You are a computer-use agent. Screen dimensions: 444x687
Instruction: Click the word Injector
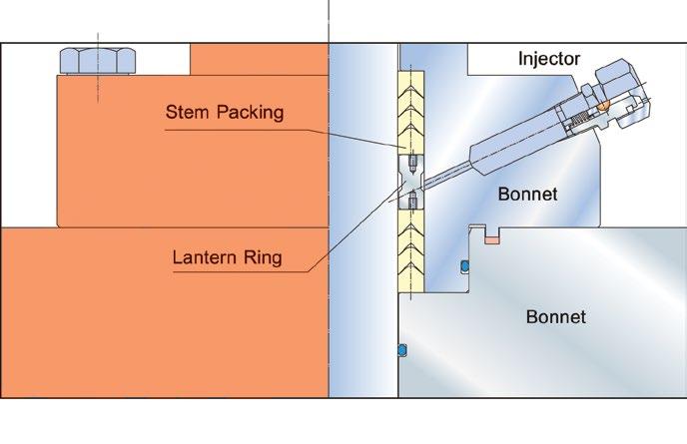point(548,58)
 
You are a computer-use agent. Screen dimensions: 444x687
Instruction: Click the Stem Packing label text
point(225,112)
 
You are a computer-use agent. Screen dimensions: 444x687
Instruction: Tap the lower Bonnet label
point(555,318)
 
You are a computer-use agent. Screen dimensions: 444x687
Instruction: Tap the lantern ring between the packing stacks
point(410,181)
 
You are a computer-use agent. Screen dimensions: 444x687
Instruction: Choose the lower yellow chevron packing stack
point(410,250)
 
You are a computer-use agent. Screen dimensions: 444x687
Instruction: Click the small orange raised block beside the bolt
point(260,59)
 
